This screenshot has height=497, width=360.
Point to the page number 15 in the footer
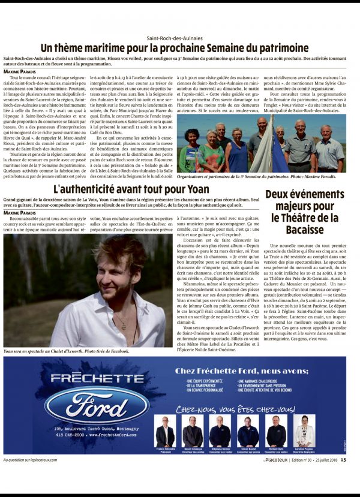tap(343, 460)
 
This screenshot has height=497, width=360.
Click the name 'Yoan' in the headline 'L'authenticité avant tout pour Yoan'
tap(196, 189)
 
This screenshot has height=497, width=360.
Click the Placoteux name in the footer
tap(277, 460)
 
